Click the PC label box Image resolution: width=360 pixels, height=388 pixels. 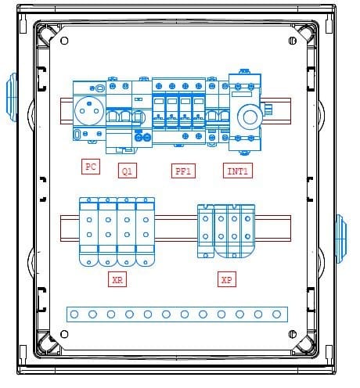coord(91,167)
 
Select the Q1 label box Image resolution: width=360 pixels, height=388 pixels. coord(128,171)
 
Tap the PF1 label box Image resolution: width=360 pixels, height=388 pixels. coord(183,171)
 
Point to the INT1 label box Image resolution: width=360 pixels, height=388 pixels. coord(238,171)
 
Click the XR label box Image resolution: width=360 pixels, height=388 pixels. coord(117,279)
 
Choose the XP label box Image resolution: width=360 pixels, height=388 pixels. coord(227,279)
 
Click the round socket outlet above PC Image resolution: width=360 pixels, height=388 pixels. coord(89,110)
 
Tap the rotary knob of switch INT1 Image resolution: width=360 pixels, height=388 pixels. coord(250,117)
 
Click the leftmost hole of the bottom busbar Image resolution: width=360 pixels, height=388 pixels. coord(74,314)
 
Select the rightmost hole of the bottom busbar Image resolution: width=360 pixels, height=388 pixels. coord(276,314)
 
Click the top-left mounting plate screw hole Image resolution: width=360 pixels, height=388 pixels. coord(64,41)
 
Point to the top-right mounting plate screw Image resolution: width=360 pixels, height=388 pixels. coord(293,41)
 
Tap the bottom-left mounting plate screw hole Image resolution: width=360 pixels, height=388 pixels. coord(64,334)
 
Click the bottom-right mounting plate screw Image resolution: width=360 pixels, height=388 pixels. coord(293,334)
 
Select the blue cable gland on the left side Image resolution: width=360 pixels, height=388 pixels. coord(12,97)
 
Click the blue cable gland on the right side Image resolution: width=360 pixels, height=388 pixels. coord(341,239)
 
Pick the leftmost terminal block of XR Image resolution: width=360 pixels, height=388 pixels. coord(88,232)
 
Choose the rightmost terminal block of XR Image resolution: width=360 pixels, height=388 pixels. coord(146,232)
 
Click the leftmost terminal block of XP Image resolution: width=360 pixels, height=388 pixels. coord(206,232)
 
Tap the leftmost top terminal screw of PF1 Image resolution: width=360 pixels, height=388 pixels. coord(159,86)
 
